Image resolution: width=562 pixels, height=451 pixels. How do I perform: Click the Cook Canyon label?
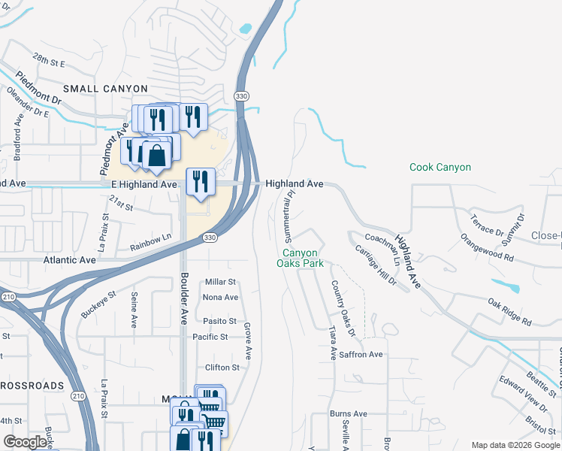440,168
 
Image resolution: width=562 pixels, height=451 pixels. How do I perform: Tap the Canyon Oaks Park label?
300,259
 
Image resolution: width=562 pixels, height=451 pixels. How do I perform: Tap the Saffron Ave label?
361,354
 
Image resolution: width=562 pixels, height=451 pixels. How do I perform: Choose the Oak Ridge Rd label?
509,312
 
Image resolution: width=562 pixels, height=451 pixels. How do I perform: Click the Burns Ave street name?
349,413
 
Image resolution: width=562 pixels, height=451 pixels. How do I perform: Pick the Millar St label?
221,282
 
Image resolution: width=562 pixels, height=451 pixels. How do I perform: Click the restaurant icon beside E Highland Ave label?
201,181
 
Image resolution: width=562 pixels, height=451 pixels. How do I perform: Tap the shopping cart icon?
213,422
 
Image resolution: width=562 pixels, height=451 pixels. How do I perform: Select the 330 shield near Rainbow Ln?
210,238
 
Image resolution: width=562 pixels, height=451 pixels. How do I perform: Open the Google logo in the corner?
25,442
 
